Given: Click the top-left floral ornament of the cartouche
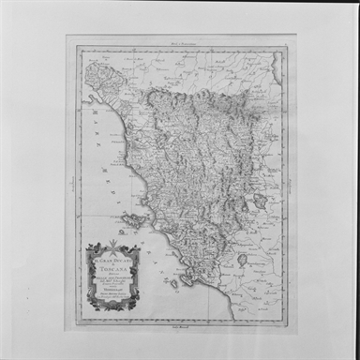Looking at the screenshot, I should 92,247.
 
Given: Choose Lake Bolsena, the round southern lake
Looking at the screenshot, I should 242,259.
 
